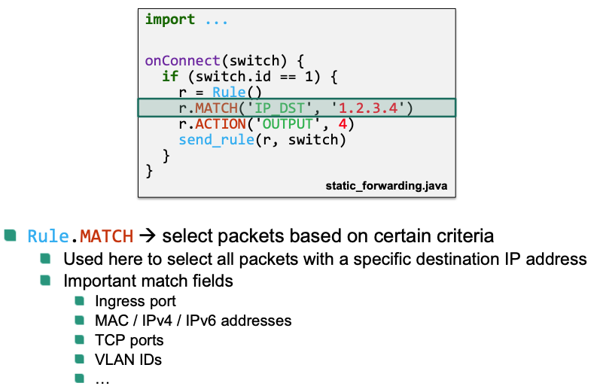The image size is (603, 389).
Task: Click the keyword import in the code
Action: (x=170, y=20)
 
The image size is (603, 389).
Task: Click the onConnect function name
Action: (x=181, y=60)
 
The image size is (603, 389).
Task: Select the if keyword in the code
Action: (x=169, y=76)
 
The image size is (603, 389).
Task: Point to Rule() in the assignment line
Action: (x=229, y=93)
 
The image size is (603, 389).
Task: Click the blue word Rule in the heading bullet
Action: (x=48, y=236)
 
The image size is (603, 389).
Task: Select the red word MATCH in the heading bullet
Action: (x=106, y=236)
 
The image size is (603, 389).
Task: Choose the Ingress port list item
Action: (x=136, y=301)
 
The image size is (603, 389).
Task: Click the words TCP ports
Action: (x=129, y=340)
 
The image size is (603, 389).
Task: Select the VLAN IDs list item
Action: (x=128, y=360)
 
